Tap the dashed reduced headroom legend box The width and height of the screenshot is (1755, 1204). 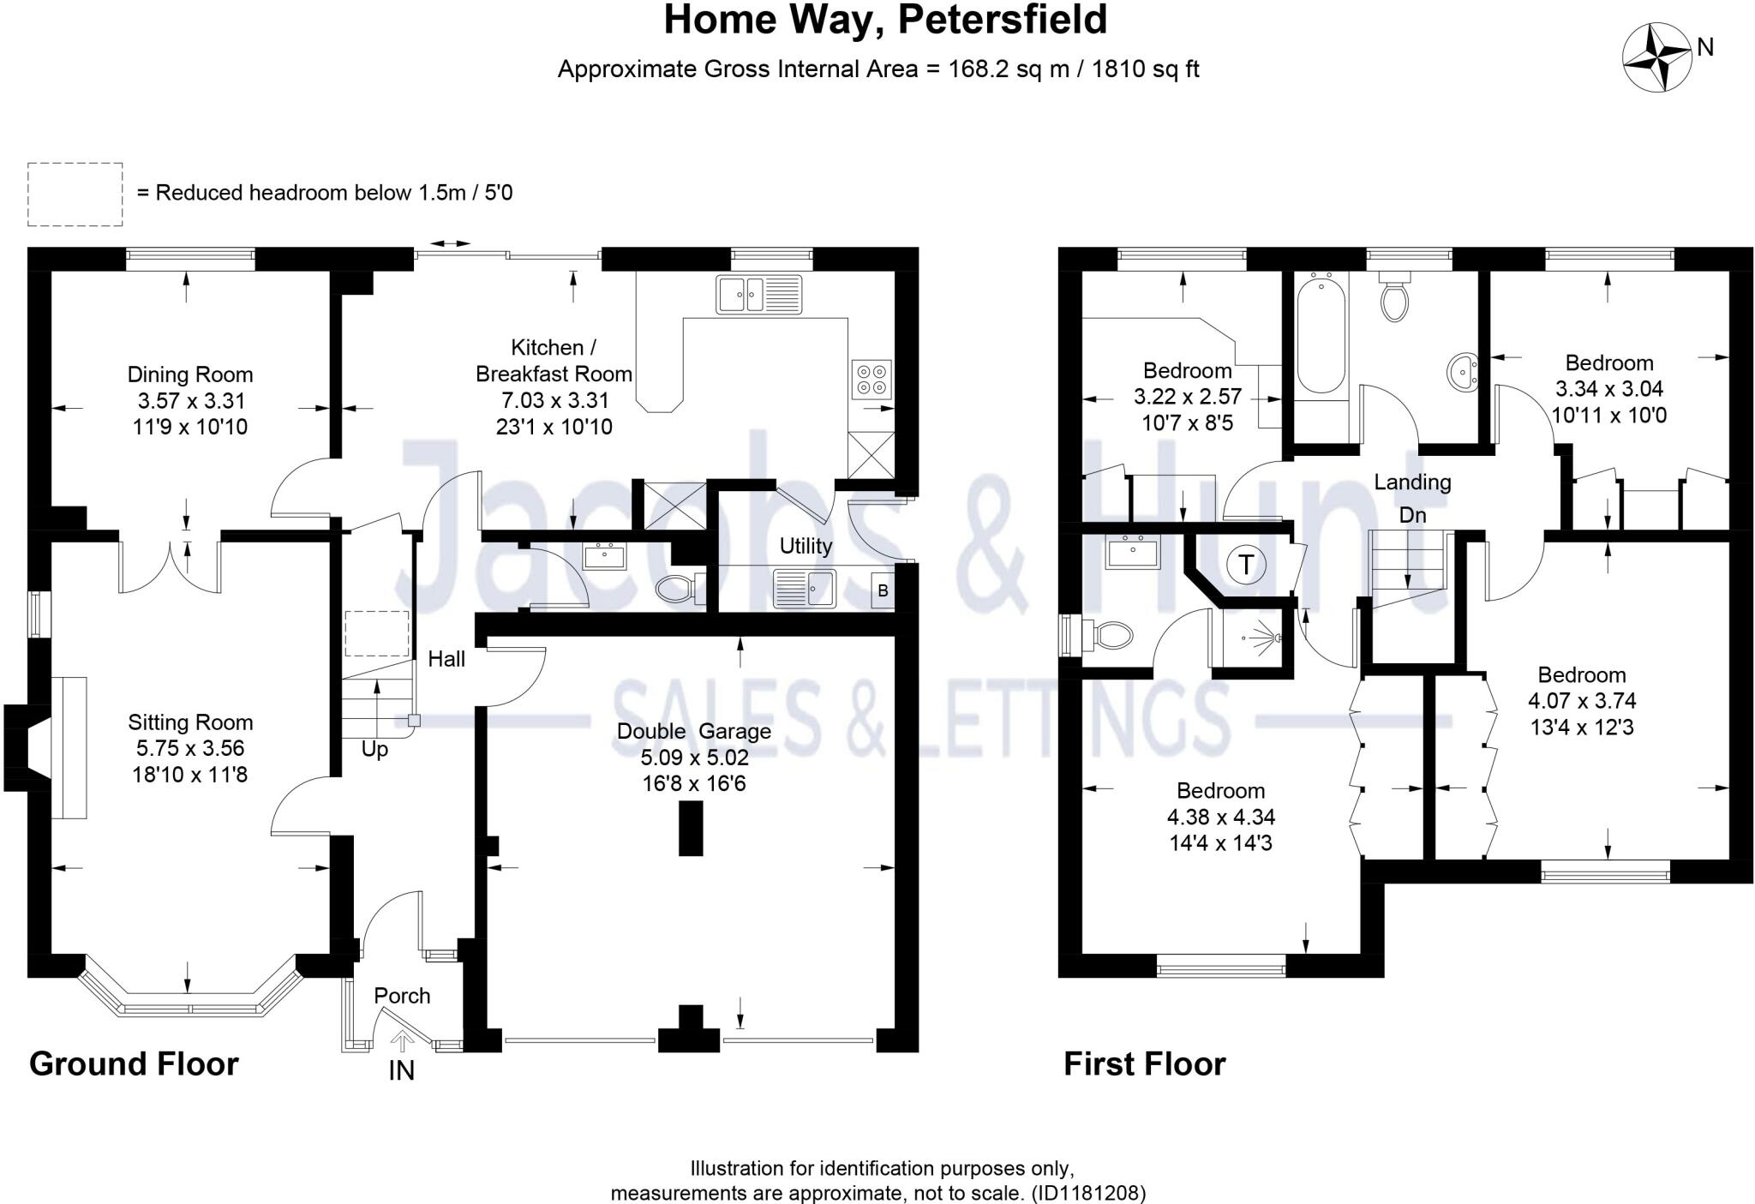coord(75,195)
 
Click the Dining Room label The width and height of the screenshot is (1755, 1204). coord(189,374)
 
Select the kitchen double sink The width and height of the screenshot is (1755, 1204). coord(758,295)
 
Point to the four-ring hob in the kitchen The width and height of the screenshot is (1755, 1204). coord(872,380)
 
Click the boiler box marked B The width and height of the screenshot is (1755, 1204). coord(883,591)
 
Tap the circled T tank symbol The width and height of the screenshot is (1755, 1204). coord(1247,565)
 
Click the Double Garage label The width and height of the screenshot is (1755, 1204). coord(693,731)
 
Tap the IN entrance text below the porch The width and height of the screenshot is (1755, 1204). coord(401,1070)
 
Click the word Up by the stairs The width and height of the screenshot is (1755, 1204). coord(374,749)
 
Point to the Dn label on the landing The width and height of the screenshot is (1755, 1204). coord(1412,515)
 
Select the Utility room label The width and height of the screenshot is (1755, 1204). coord(806,546)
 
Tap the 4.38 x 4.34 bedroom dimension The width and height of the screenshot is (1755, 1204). coord(1220,817)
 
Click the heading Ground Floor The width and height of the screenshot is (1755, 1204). coord(134,1063)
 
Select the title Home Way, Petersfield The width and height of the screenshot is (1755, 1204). coord(885,21)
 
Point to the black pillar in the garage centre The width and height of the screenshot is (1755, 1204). coord(691,828)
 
